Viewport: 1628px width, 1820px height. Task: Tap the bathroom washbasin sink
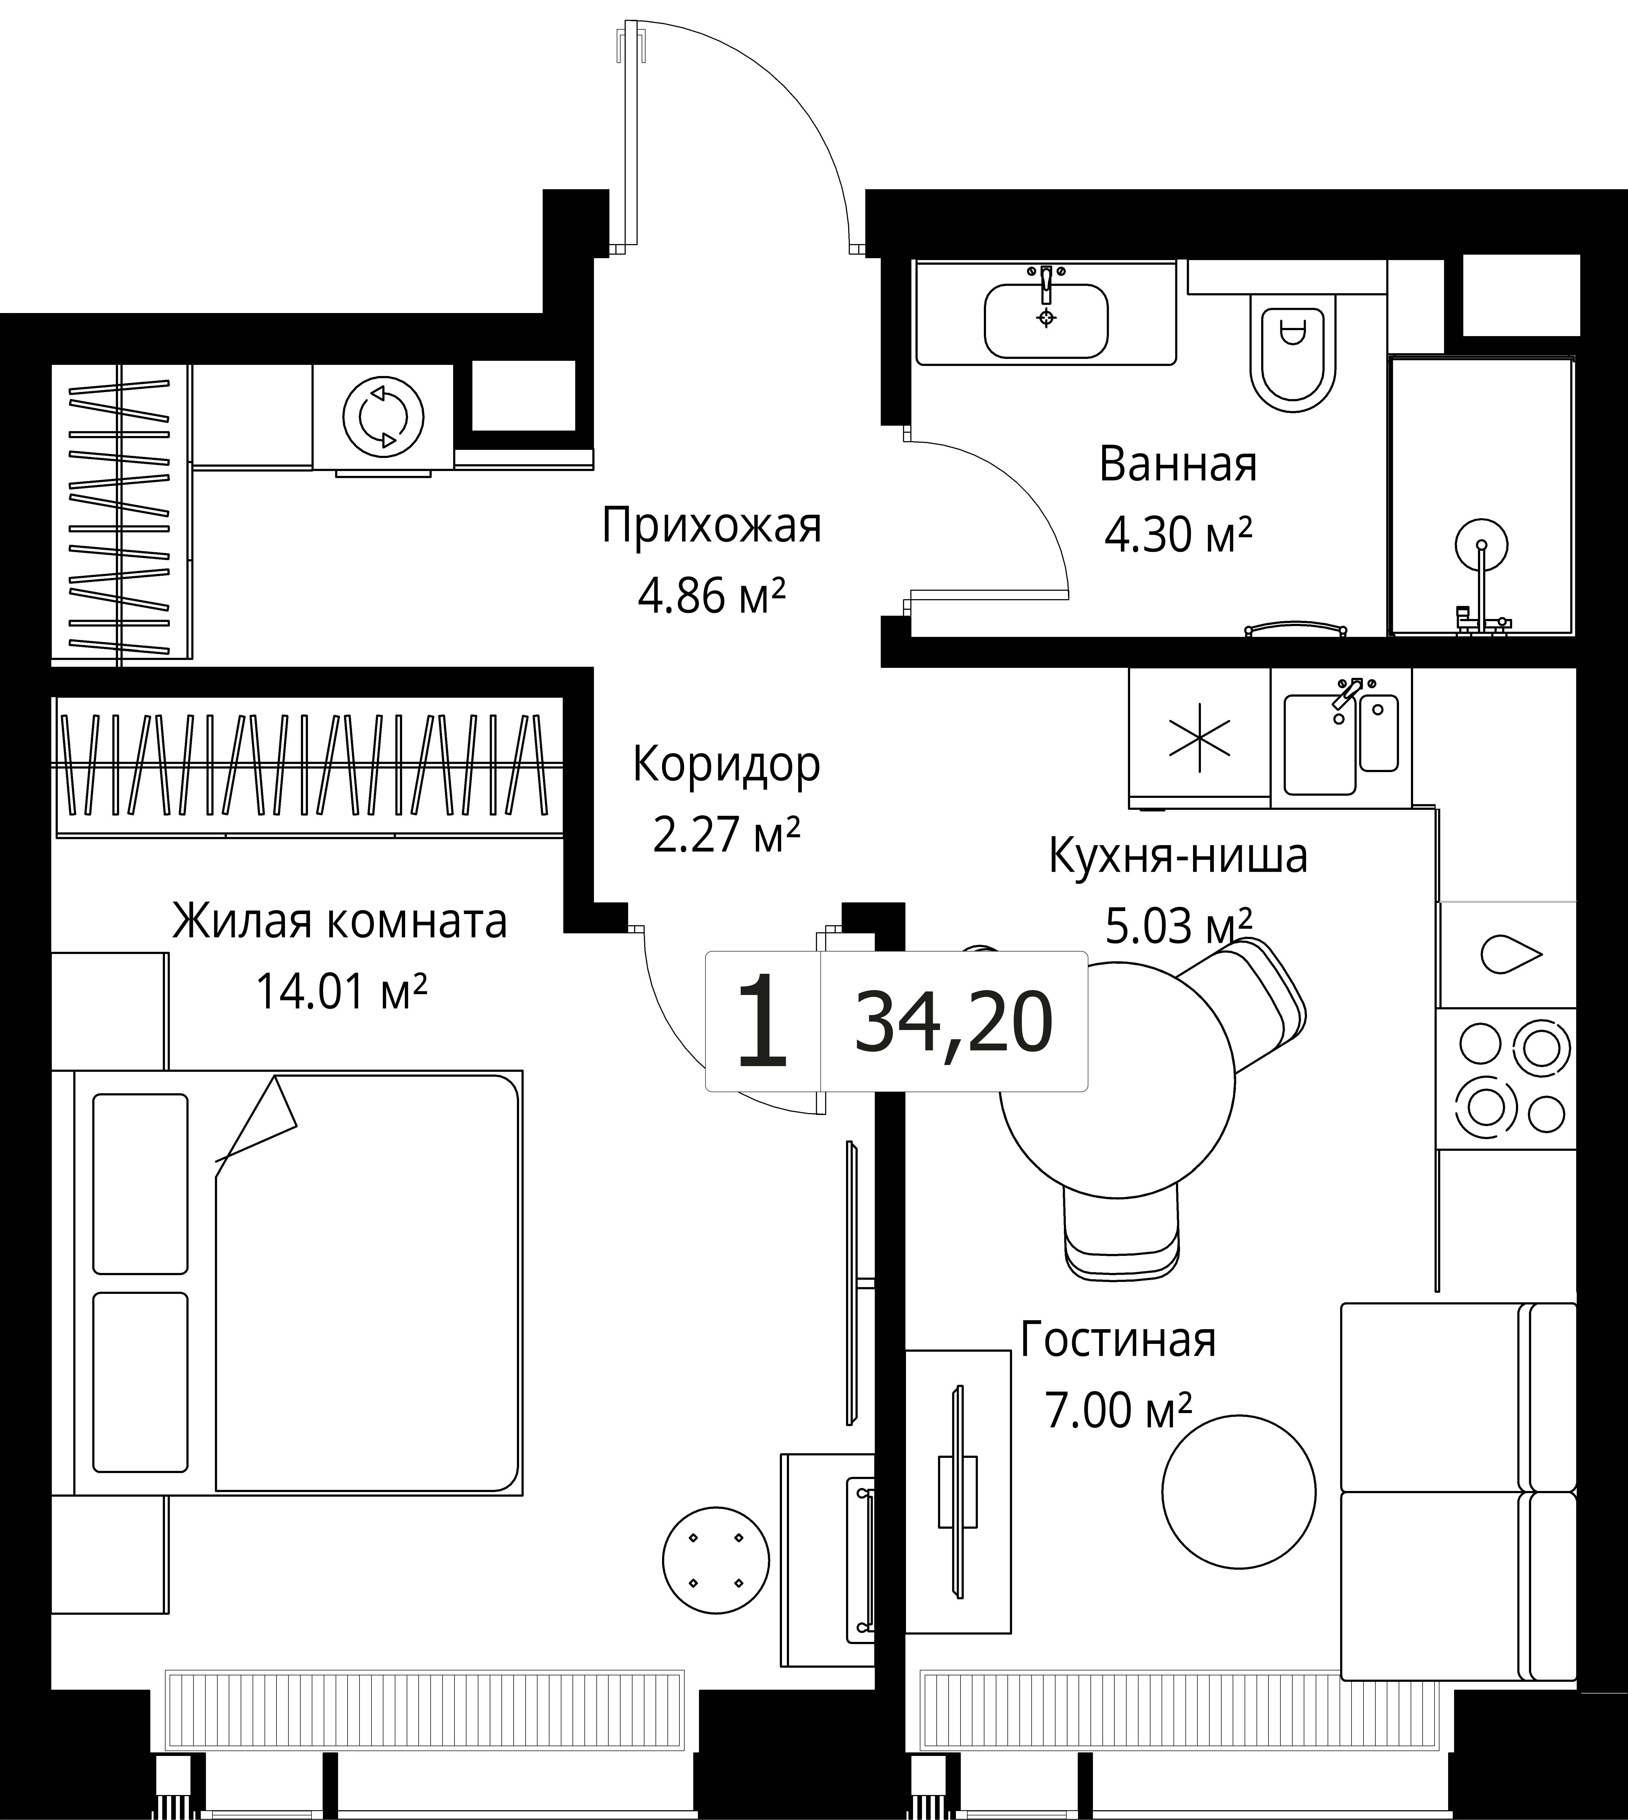[x=1046, y=320]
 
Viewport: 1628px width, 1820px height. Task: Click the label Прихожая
[x=711, y=526]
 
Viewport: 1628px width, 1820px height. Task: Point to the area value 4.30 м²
[x=1178, y=535]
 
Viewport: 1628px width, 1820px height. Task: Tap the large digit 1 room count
[x=761, y=1022]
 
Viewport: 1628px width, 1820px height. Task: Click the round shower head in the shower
[x=1481, y=544]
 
